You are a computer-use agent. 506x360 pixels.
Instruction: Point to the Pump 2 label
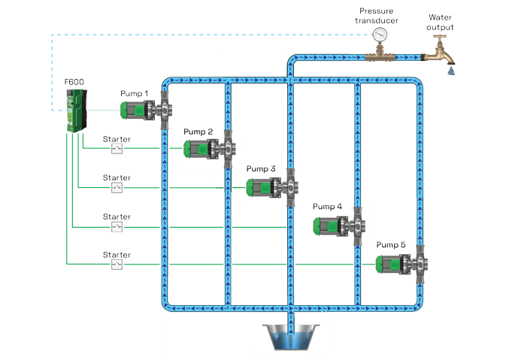click(x=198, y=132)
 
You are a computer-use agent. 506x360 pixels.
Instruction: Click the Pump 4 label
click(x=327, y=206)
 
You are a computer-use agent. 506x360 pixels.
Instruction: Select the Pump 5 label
click(x=391, y=244)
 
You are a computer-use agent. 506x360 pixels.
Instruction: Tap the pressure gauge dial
click(x=382, y=35)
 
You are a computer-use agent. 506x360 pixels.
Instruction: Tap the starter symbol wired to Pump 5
click(x=117, y=264)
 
